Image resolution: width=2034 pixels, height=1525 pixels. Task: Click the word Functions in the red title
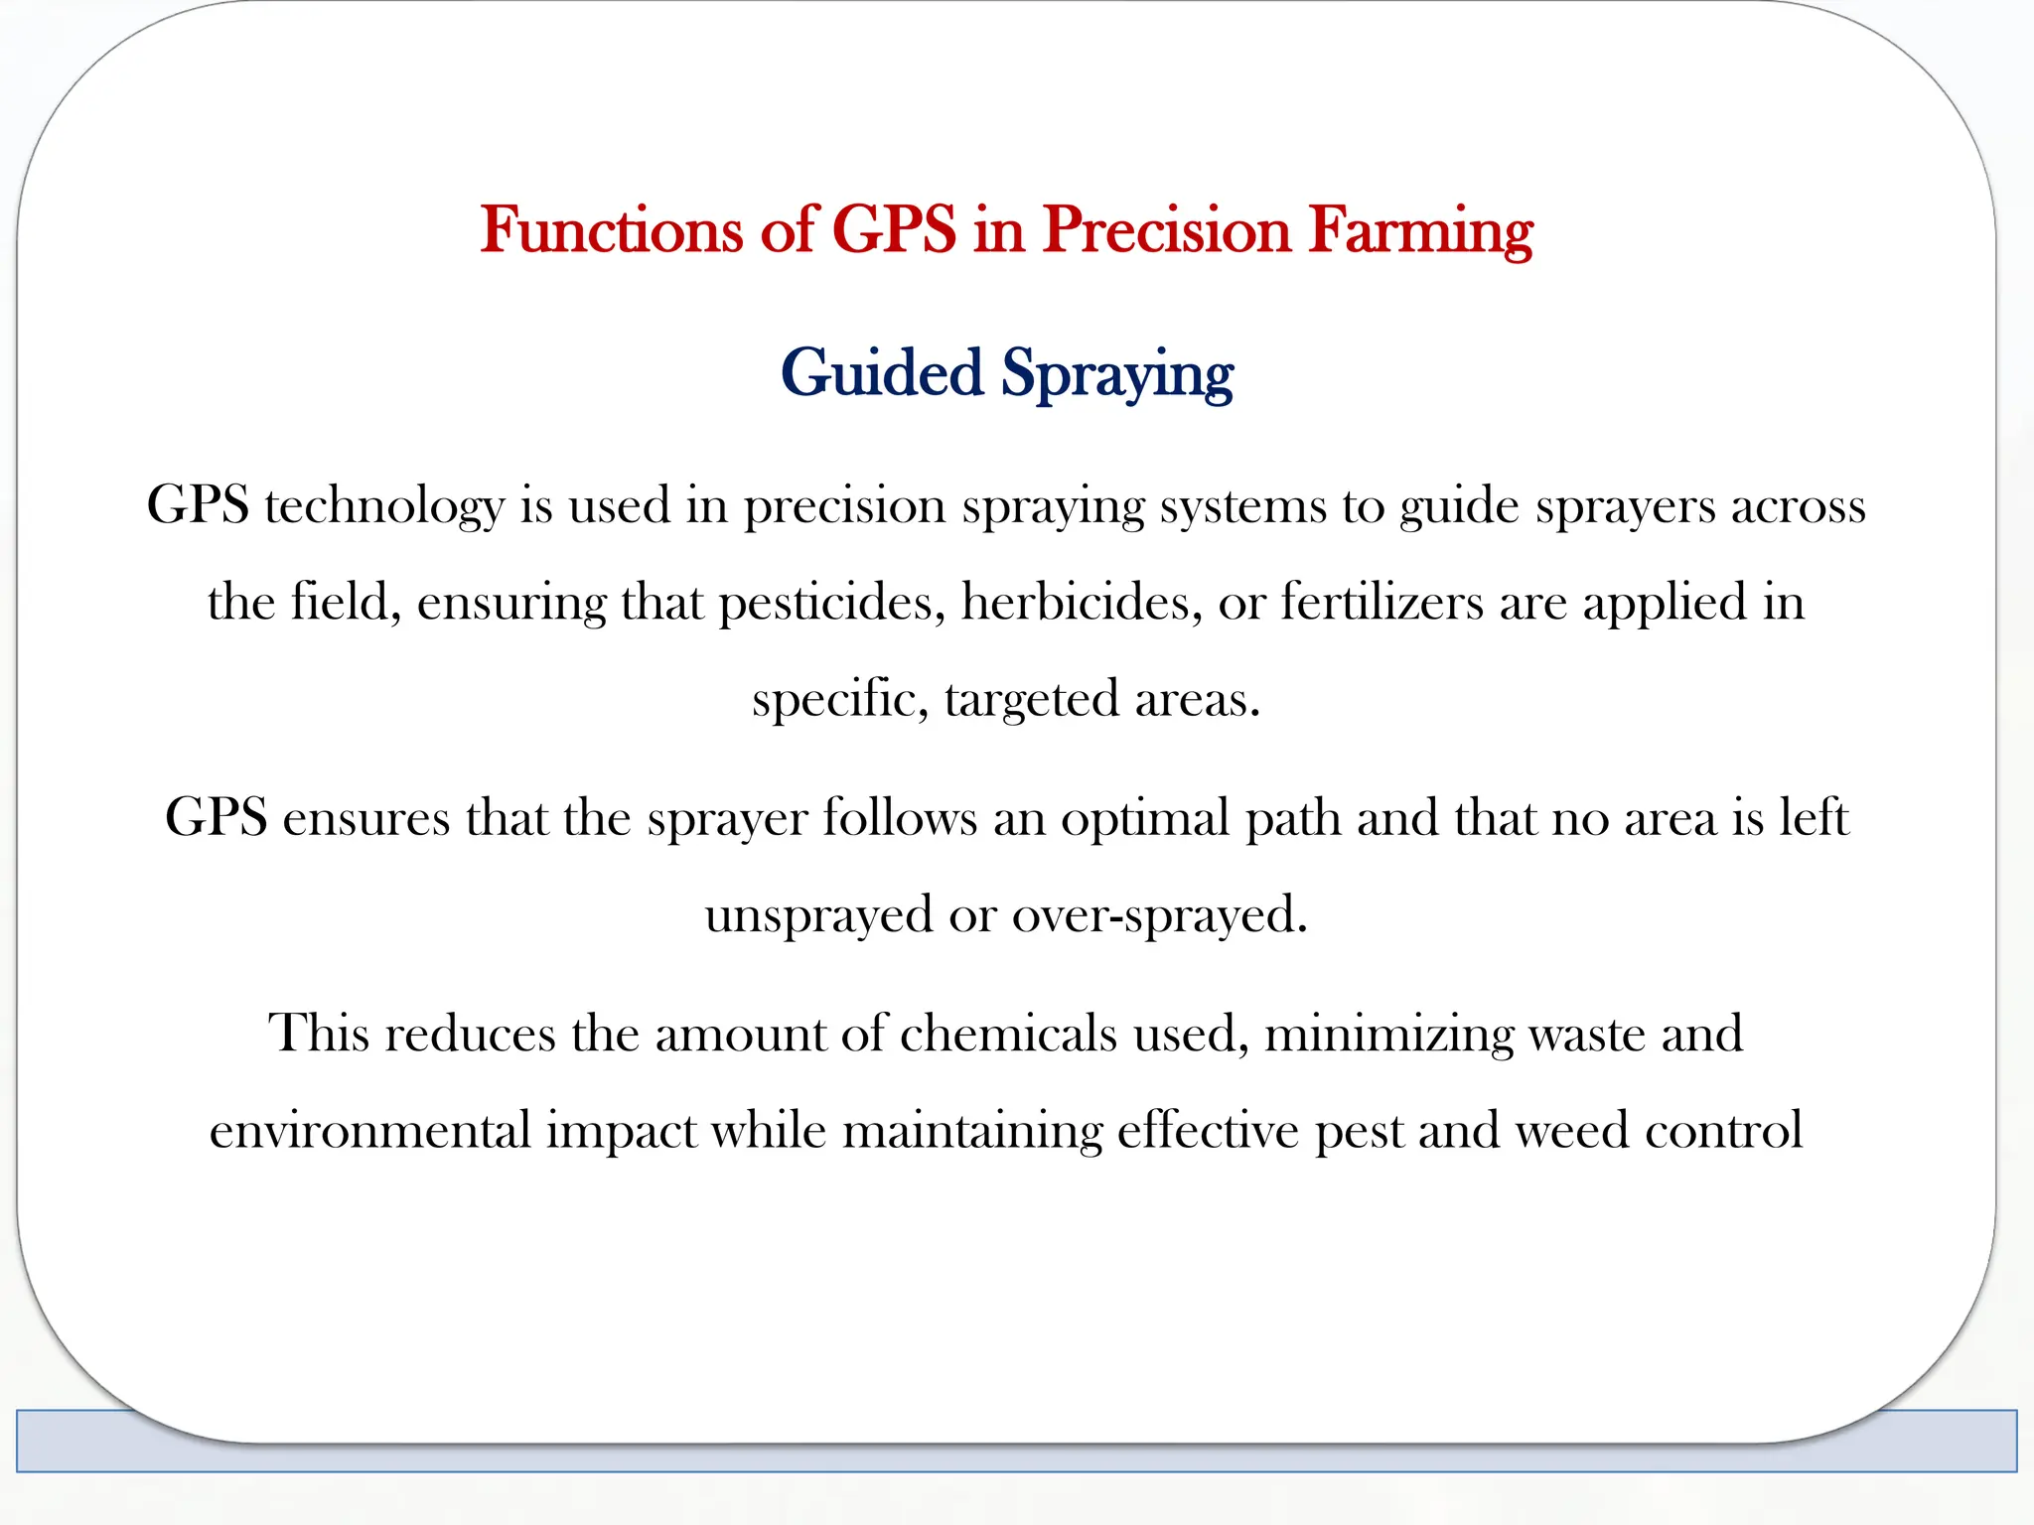pyautogui.click(x=612, y=230)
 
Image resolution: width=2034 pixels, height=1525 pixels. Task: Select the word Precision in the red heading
pyautogui.click(x=1166, y=230)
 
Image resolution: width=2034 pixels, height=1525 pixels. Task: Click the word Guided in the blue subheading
pyautogui.click(x=882, y=373)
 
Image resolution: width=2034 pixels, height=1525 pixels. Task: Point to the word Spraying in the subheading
pyautogui.click(x=1116, y=375)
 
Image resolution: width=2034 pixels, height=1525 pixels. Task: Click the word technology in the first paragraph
pyautogui.click(x=384, y=506)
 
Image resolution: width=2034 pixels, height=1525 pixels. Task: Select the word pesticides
pyautogui.click(x=832, y=603)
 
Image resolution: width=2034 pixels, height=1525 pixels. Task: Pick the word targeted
pyautogui.click(x=1032, y=700)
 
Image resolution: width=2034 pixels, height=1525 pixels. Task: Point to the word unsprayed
pyautogui.click(x=819, y=915)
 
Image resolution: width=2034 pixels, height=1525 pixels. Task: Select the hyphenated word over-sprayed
pyautogui.click(x=1159, y=915)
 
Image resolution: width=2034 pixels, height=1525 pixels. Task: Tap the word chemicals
pyautogui.click(x=1008, y=1034)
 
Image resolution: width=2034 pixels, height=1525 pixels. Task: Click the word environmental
pyautogui.click(x=370, y=1131)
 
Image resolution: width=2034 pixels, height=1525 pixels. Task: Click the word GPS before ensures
pyautogui.click(x=216, y=819)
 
